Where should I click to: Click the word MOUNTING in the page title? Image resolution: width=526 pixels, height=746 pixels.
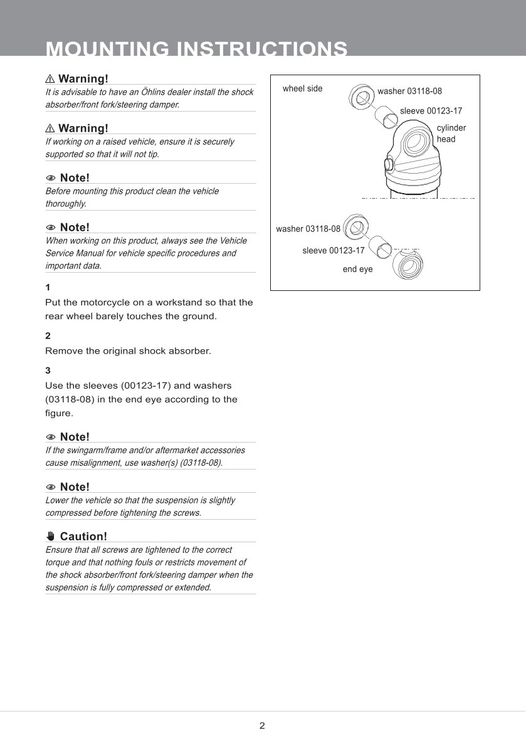click(x=107, y=49)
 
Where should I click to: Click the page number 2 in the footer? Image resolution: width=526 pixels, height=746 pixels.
click(x=262, y=726)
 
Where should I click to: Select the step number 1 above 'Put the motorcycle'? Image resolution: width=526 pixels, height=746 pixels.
click(x=48, y=287)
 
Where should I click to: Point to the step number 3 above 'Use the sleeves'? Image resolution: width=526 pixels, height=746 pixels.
click(x=48, y=370)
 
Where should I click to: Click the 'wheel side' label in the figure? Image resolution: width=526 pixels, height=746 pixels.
click(x=302, y=88)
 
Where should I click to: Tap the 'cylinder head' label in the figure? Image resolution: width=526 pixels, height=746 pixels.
click(x=451, y=134)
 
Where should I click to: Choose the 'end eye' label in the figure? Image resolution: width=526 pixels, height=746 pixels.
click(x=357, y=269)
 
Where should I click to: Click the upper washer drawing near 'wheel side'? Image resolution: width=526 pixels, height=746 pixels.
click(x=360, y=96)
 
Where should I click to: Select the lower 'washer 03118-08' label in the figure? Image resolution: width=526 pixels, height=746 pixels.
click(x=308, y=229)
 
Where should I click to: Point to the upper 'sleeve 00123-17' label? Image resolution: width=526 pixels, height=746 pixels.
click(x=431, y=111)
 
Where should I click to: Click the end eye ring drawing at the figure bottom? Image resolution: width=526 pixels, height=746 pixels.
click(x=407, y=267)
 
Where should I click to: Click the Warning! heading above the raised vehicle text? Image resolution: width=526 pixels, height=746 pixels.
click(x=83, y=129)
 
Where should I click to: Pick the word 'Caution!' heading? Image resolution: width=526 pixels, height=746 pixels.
click(x=83, y=537)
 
